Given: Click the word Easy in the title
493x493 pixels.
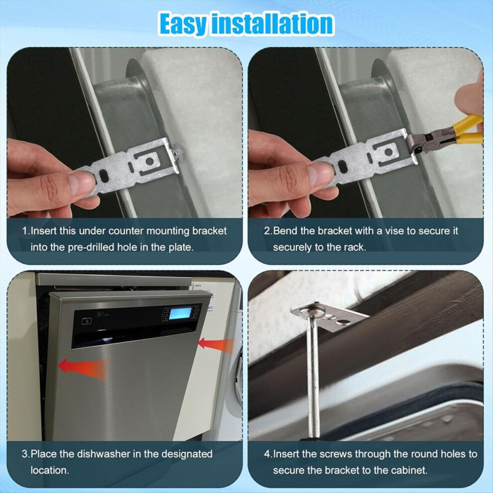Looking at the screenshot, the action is click(x=183, y=24).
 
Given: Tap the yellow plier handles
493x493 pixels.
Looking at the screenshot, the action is click(x=467, y=129).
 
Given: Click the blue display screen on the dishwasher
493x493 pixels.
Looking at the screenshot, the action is click(x=180, y=313).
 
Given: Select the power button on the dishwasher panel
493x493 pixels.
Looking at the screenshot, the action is click(x=87, y=321).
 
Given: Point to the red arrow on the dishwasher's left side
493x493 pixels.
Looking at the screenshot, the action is click(x=82, y=367).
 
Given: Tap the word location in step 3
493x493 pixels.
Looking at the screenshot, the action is click(x=50, y=471).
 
